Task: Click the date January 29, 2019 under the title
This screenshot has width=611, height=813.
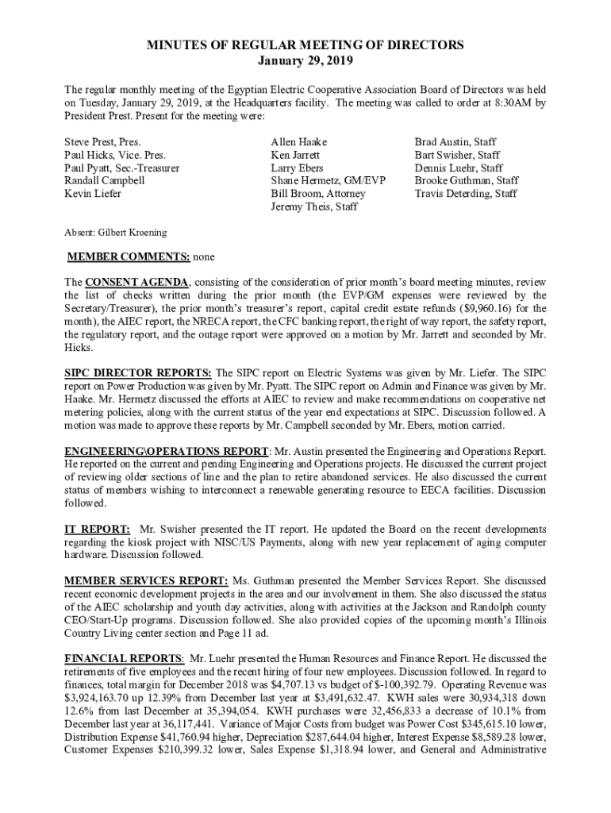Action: tap(305, 60)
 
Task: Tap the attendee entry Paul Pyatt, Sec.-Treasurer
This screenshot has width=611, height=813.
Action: tap(121, 168)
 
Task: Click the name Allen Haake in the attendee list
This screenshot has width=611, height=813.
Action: tap(298, 142)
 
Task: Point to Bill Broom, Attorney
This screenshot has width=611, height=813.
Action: tap(318, 194)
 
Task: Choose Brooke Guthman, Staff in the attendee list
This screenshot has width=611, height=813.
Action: tap(467, 181)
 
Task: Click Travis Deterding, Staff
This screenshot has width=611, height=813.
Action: tap(466, 194)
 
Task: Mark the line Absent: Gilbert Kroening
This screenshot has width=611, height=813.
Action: tap(115, 233)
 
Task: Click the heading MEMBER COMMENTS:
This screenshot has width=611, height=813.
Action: tap(129, 257)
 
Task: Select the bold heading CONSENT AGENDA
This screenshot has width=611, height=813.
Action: tap(137, 282)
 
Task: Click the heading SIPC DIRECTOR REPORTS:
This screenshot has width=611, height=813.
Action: tap(138, 372)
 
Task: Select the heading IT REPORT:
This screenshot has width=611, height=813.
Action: tap(97, 529)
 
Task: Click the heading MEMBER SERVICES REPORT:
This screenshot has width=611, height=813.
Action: tap(146, 580)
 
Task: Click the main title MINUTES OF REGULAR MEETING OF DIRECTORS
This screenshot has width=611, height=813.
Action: tap(305, 45)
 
